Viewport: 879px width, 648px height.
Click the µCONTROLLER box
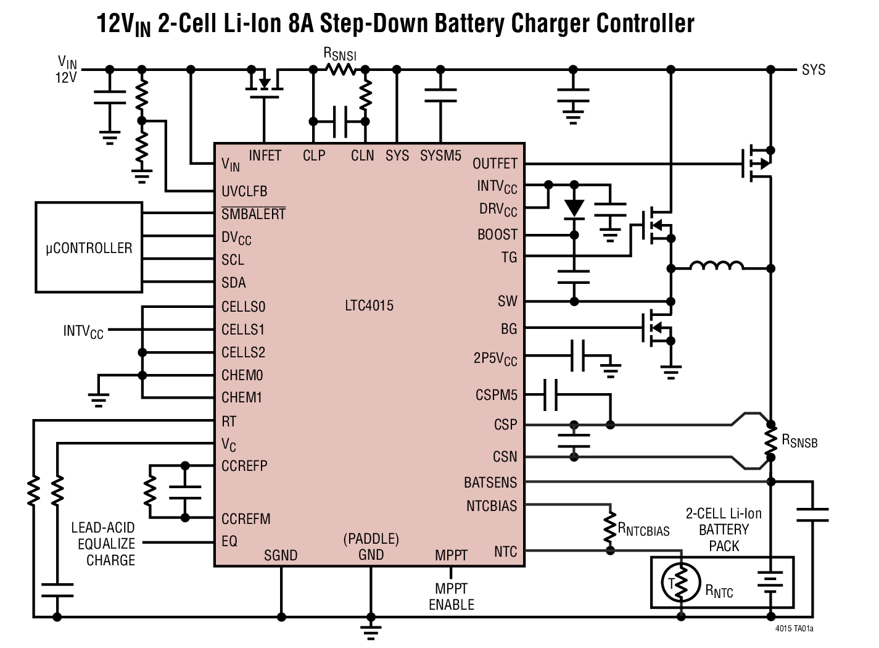click(x=89, y=247)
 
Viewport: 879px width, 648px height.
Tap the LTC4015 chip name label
click(x=369, y=305)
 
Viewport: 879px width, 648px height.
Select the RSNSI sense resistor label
click(x=340, y=54)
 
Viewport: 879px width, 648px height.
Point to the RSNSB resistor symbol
click(x=770, y=440)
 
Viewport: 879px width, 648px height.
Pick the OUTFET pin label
click(x=495, y=164)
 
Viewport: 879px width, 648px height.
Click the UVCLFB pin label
click(x=244, y=191)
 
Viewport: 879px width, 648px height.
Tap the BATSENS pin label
click(x=490, y=482)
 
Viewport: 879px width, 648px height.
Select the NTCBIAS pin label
click(x=492, y=506)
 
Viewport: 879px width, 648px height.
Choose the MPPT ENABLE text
click(x=452, y=597)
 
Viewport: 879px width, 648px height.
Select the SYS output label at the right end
click(x=813, y=70)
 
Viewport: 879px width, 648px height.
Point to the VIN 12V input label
click(x=67, y=70)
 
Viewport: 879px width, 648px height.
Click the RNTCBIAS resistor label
click(x=643, y=530)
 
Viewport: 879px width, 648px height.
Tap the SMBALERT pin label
click(x=254, y=214)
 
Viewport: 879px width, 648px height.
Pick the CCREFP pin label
click(x=244, y=466)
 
